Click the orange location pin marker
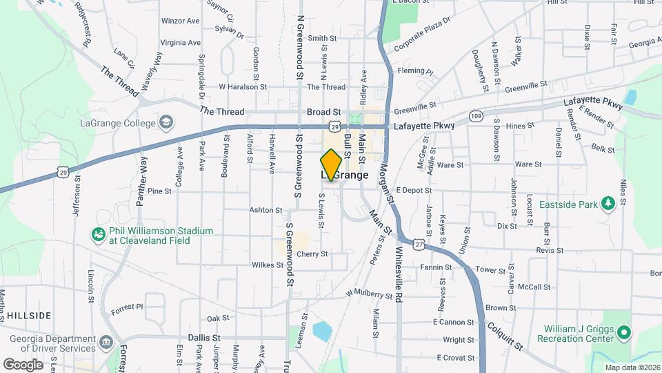pos(331,164)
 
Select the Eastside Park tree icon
pos(608,203)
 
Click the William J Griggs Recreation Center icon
pos(624,334)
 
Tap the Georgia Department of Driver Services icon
pos(106,343)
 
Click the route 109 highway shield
pos(475,115)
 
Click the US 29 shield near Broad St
pos(334,126)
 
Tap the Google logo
pos(23,364)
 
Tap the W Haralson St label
pos(243,87)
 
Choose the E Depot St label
pos(414,190)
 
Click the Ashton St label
pos(266,210)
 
